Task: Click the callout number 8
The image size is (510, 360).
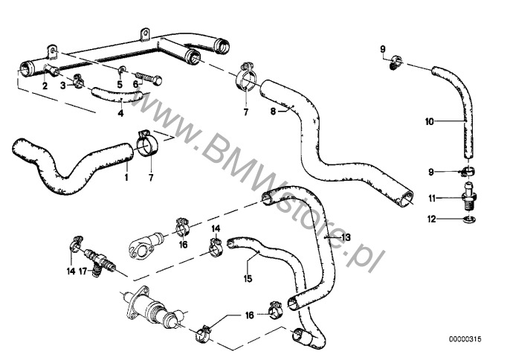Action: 273,112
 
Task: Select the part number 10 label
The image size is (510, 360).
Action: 430,122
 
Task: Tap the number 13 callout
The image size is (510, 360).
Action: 346,237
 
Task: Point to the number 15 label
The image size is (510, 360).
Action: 248,279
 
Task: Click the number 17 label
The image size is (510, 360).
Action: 83,271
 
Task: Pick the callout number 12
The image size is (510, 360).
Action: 431,219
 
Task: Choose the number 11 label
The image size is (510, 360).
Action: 432,198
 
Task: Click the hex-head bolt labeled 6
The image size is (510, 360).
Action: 148,78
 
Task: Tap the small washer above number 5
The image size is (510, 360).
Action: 122,69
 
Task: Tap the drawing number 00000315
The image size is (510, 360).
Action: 465,339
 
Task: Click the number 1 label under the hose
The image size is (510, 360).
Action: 126,177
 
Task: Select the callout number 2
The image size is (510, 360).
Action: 45,86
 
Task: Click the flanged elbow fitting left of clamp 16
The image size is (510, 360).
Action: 146,247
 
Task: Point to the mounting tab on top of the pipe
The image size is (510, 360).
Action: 145,34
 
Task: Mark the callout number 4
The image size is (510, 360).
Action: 120,114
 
